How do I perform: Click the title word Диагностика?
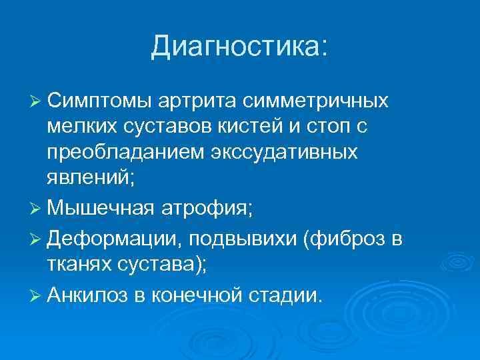(x=238, y=47)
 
